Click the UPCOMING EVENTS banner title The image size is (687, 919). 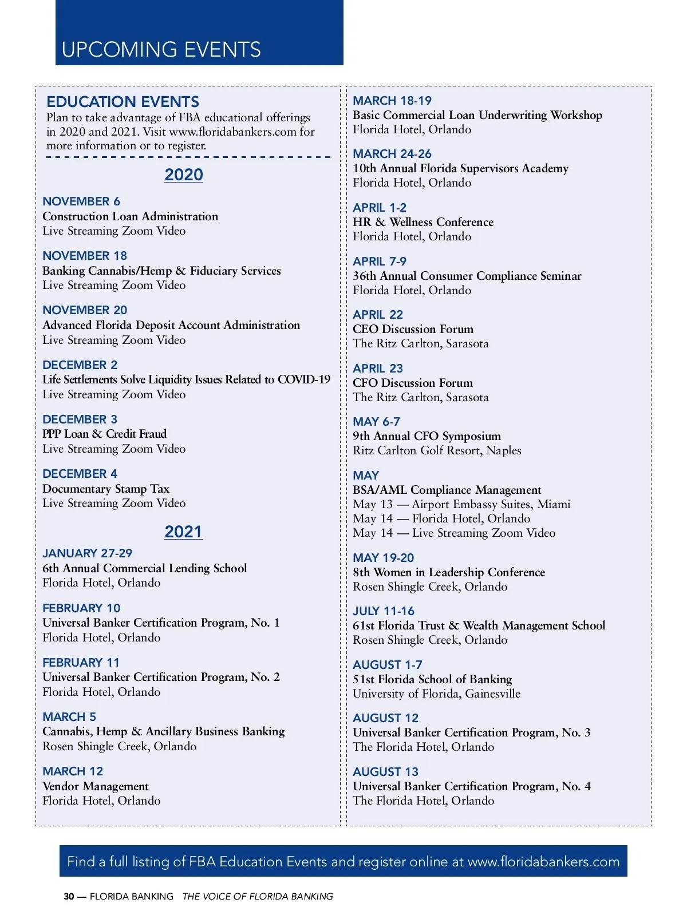161,50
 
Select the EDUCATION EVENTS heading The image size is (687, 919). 123,102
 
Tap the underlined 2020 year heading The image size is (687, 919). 184,175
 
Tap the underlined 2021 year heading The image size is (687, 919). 184,532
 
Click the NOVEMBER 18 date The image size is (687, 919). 85,256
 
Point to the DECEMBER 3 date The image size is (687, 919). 80,419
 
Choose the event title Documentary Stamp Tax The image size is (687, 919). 106,489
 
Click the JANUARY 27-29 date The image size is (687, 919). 87,553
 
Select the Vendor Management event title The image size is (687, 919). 96,786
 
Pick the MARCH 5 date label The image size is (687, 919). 69,717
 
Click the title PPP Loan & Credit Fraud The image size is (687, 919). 104,434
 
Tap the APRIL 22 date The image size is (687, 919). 378,315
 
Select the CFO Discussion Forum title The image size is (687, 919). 413,383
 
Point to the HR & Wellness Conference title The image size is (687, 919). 423,222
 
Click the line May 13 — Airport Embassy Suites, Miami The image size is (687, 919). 461,504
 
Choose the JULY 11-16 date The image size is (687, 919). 384,611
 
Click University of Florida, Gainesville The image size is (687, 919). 436,694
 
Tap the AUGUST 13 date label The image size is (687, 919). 385,772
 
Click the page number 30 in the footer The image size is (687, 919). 69,897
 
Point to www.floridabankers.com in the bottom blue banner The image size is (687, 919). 543,862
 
